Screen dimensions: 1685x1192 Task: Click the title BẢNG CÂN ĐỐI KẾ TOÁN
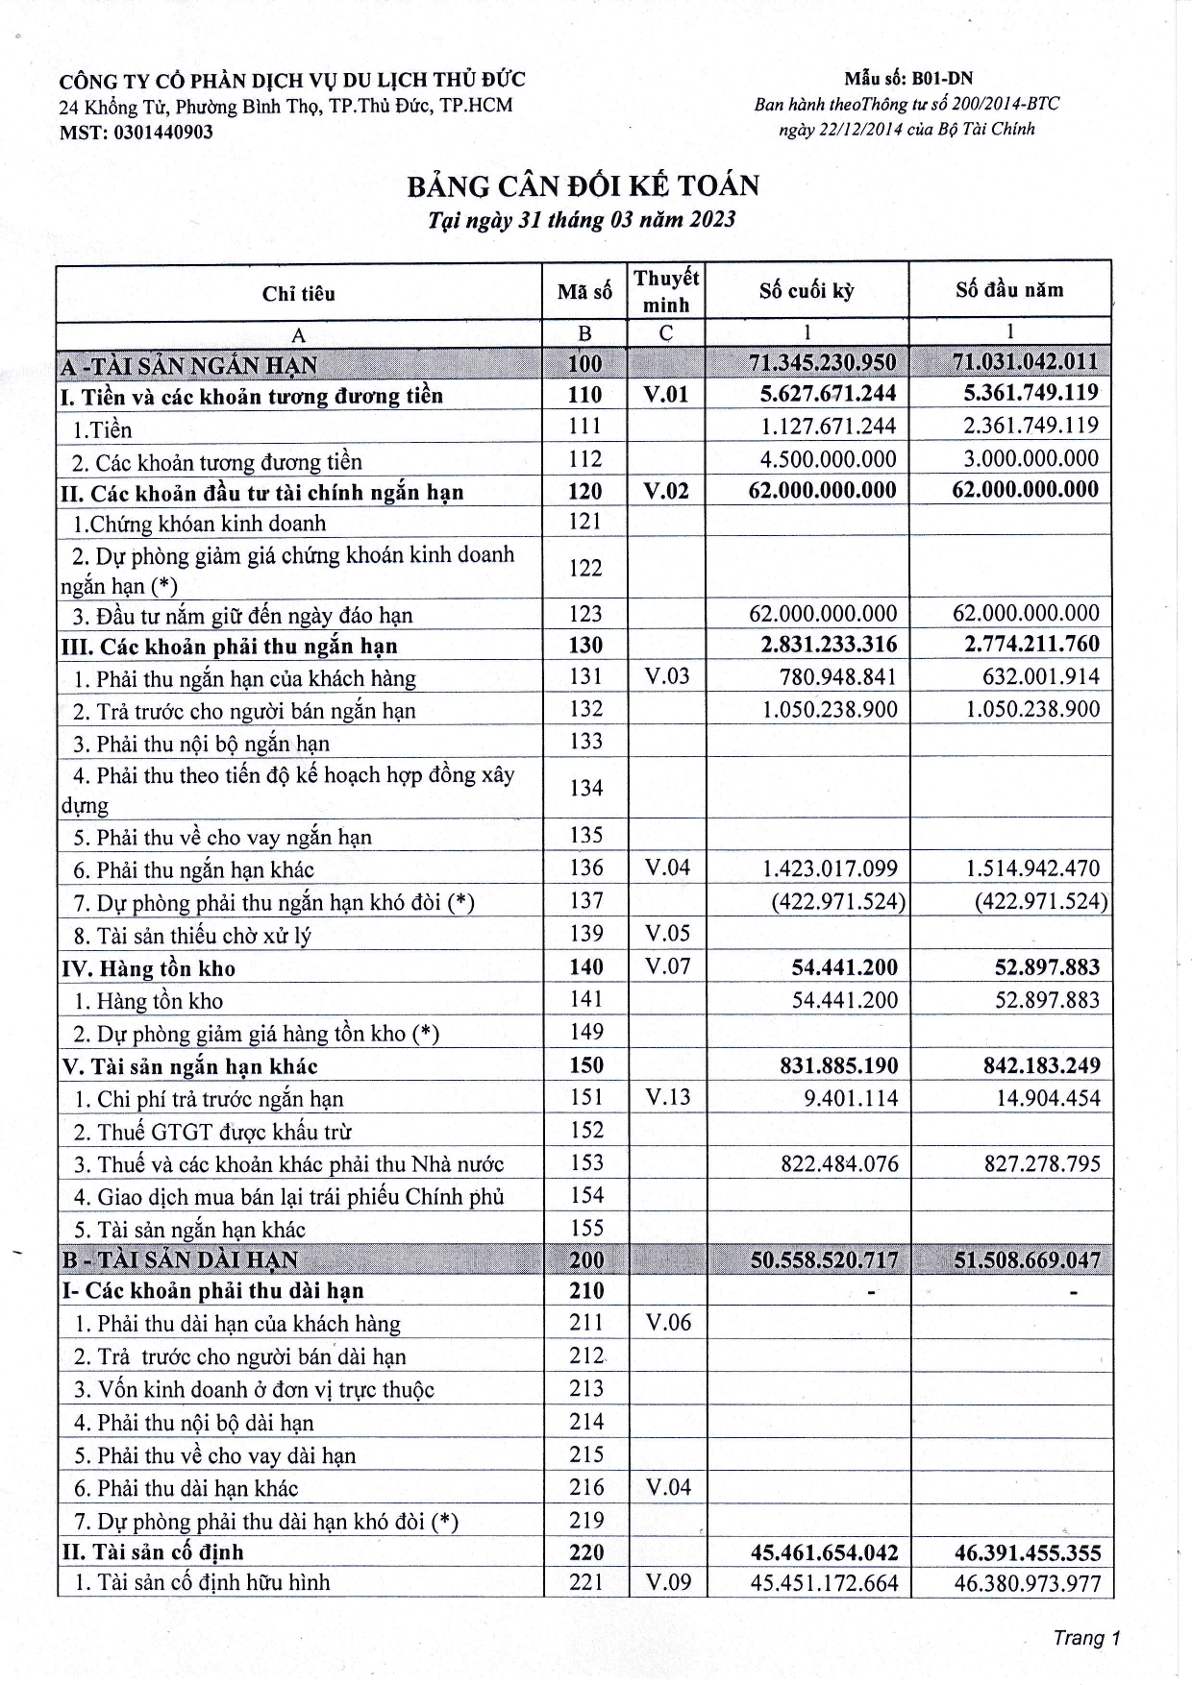tap(583, 185)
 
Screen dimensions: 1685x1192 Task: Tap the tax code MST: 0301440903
tap(137, 133)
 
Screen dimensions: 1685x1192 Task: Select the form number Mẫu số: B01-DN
tap(908, 79)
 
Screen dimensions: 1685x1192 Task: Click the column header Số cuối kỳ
tap(806, 290)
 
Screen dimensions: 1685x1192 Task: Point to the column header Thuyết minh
tap(666, 291)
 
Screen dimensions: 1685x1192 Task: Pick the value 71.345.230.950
tap(822, 362)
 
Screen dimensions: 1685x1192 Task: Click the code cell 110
tap(584, 395)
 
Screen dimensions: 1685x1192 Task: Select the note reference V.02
tap(666, 491)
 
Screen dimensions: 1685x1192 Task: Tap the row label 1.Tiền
tap(103, 429)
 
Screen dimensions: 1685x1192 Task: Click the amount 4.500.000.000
tap(828, 458)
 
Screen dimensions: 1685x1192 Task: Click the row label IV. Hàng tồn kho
tap(149, 968)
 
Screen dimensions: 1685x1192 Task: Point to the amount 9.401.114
tap(851, 1098)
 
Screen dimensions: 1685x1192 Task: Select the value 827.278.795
tap(1042, 1164)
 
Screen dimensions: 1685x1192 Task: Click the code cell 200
tap(585, 1259)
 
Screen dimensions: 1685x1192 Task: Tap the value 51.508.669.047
tap(1027, 1259)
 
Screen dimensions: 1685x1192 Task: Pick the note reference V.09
tap(667, 1581)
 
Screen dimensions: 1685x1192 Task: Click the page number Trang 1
tap(1086, 1638)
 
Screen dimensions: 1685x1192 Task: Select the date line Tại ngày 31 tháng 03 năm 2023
tap(582, 220)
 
